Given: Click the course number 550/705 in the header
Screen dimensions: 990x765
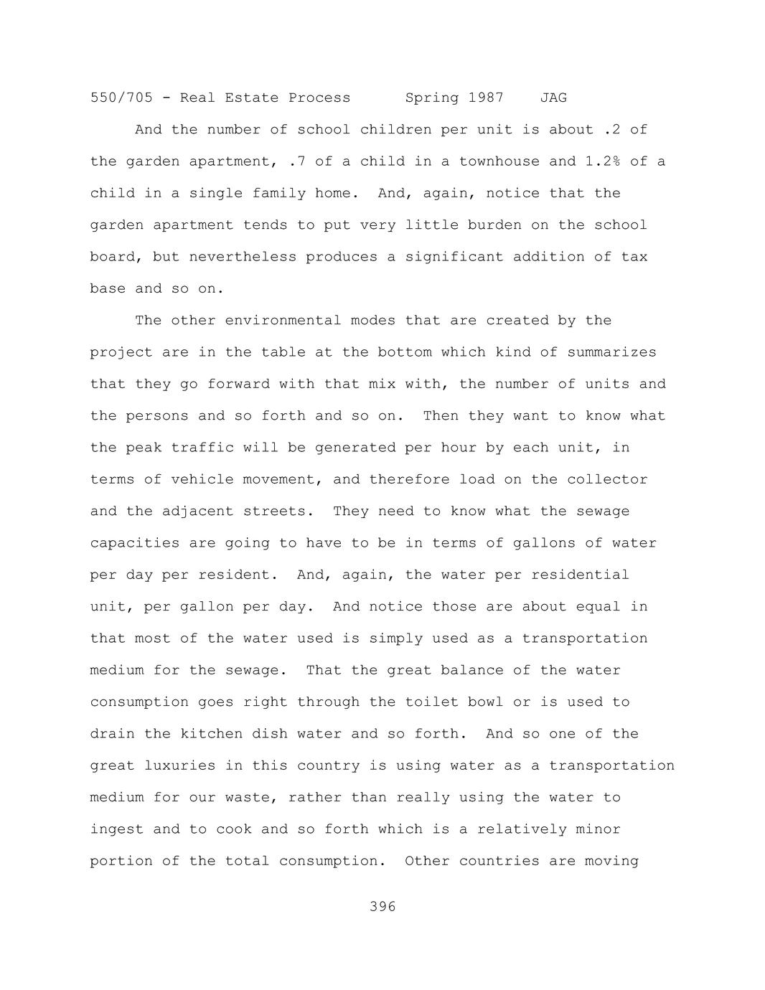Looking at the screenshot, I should tap(121, 98).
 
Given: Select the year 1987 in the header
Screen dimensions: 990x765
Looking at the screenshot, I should tap(486, 98).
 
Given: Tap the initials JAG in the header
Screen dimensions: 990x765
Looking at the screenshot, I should tap(553, 98).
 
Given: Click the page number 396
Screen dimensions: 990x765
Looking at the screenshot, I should tap(382, 907).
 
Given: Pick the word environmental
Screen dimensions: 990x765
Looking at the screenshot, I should tap(283, 321).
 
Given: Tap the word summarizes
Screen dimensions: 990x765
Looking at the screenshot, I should tap(611, 352).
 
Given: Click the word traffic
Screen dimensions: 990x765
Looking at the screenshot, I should tap(202, 448).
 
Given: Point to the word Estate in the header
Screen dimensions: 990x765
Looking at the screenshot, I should tap(252, 98).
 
